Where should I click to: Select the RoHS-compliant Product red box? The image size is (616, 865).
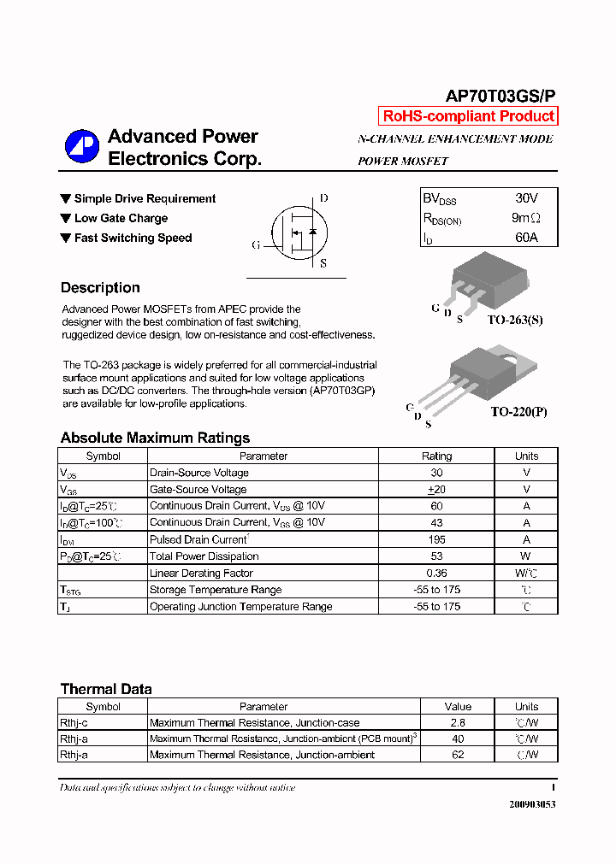tap(468, 116)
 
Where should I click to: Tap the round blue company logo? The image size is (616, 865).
tap(82, 147)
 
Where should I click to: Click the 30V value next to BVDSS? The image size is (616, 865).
tap(526, 197)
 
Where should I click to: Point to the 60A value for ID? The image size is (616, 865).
tap(526, 238)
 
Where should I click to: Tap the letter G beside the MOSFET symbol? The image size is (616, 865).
tap(256, 244)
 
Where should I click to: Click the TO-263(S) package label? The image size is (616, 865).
tap(515, 320)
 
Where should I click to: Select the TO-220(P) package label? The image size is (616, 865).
tap(518, 411)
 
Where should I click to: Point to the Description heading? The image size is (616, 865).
tap(100, 288)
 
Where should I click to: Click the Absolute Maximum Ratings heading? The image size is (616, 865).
tap(155, 438)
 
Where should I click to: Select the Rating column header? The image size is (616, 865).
tap(436, 456)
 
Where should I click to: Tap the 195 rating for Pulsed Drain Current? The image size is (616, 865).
tap(436, 539)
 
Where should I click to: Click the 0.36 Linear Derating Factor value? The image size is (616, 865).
tap(436, 573)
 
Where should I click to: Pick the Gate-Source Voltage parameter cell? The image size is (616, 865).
tap(198, 490)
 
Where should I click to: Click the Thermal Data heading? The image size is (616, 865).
tap(106, 689)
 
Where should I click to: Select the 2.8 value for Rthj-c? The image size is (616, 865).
tap(458, 723)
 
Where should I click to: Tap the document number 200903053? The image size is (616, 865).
tap(532, 804)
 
